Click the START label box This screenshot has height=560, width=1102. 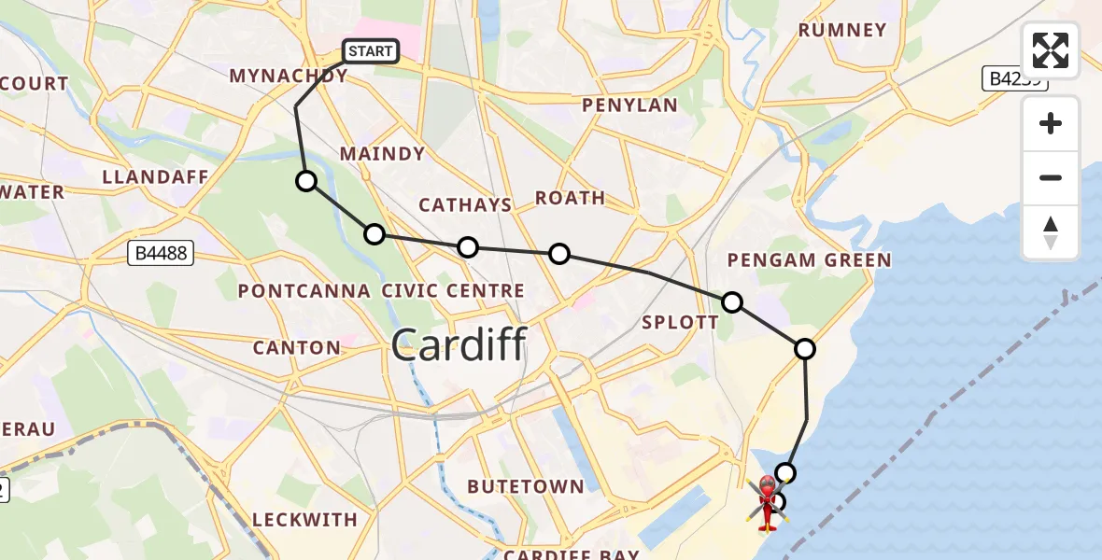(x=371, y=51)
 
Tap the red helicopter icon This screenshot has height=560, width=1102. (x=767, y=501)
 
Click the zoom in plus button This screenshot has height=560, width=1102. (x=1051, y=124)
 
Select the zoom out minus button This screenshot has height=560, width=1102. (x=1051, y=177)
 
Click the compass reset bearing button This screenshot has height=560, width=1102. (x=1051, y=231)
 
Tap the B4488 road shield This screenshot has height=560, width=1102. (x=160, y=252)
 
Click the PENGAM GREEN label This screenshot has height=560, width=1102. (x=809, y=259)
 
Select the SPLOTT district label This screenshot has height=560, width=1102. (x=681, y=323)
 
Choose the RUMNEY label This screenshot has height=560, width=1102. (x=842, y=30)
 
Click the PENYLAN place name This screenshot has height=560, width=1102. (x=629, y=105)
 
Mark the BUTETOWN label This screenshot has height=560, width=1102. (x=526, y=486)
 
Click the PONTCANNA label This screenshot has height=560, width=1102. (x=304, y=291)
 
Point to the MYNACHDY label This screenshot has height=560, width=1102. (x=288, y=76)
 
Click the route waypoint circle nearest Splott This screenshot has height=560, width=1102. (x=732, y=301)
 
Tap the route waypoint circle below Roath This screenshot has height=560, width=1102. (x=558, y=253)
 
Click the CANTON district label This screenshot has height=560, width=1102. (x=298, y=348)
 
